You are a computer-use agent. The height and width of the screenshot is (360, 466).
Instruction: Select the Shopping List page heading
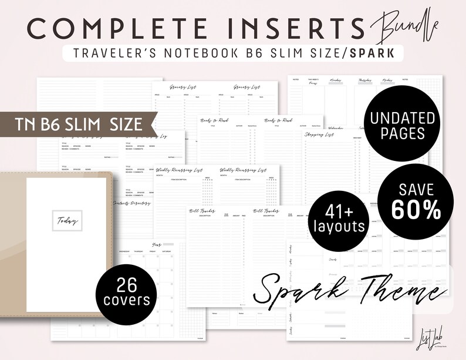click(319, 135)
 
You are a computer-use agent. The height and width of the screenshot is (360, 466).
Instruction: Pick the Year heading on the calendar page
click(156, 245)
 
